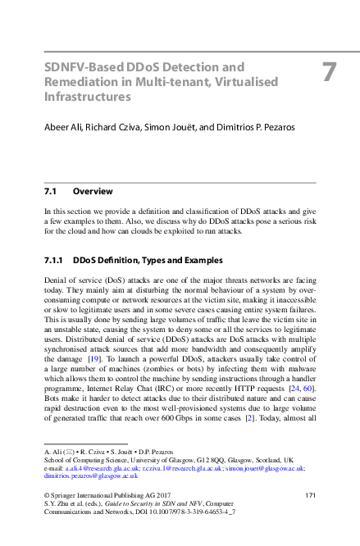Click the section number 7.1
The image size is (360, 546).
pyautogui.click(x=49, y=191)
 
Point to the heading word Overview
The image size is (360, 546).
pyautogui.click(x=93, y=191)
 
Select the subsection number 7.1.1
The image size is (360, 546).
pyautogui.click(x=52, y=261)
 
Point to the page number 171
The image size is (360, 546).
pyautogui.click(x=310, y=495)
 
